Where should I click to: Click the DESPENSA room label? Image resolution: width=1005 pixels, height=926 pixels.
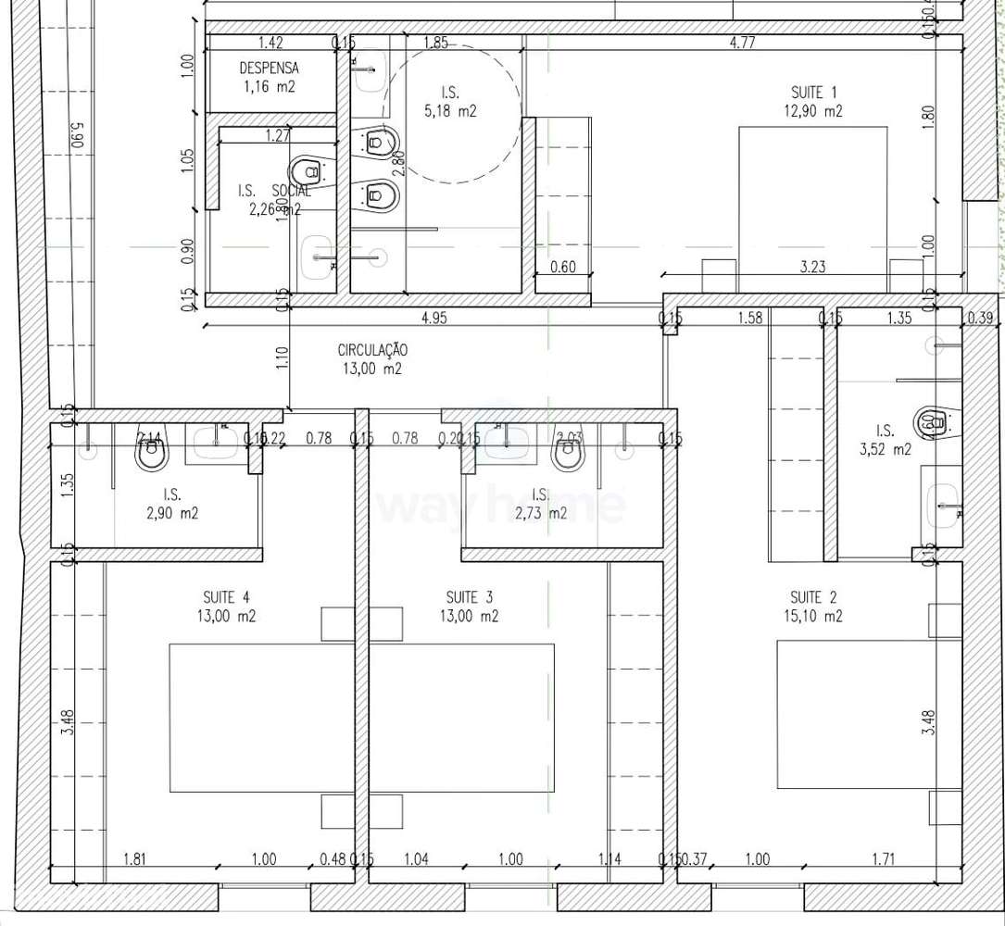point(270,68)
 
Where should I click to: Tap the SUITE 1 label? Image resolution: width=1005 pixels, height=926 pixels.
point(814,93)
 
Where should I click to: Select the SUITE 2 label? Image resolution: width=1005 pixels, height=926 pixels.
point(813,597)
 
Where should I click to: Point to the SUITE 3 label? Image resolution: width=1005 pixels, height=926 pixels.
point(470,597)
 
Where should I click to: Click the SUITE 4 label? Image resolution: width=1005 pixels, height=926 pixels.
point(226,597)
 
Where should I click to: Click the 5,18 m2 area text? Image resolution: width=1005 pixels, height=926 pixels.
point(450,111)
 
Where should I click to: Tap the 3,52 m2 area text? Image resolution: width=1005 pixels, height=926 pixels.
point(885,450)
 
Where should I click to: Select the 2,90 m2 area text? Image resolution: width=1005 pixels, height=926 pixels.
point(171,512)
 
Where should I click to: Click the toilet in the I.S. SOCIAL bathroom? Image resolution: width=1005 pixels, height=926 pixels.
point(306,172)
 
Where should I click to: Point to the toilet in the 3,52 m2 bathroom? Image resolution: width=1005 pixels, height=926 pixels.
point(931,421)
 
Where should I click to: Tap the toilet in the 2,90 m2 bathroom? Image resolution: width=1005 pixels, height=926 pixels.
point(150,454)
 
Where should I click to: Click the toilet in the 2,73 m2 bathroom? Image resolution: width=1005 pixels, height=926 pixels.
point(567,453)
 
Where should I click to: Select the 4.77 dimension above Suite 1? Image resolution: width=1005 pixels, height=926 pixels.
point(741,42)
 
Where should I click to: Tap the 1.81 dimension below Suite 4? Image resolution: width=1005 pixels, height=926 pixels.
point(136,859)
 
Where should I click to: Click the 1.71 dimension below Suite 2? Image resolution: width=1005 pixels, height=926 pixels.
point(884,859)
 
